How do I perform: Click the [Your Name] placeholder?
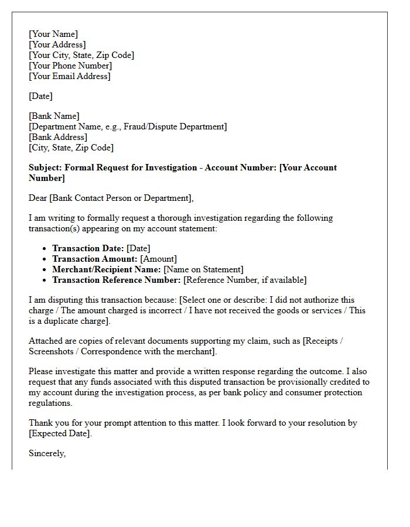[53, 34]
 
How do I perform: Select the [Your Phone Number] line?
[70, 66]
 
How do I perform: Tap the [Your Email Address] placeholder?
[69, 76]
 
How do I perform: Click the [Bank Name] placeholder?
[54, 116]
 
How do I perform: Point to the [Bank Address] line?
[58, 137]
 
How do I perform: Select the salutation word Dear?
[38, 198]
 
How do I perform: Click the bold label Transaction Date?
[88, 248]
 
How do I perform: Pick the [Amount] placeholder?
[158, 259]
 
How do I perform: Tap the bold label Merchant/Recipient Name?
[106, 269]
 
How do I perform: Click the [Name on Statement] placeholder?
[203, 269]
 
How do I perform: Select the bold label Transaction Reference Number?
[117, 280]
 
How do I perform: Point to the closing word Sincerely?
[47, 453]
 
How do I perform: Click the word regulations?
[50, 403]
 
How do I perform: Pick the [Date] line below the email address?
[40, 96]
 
